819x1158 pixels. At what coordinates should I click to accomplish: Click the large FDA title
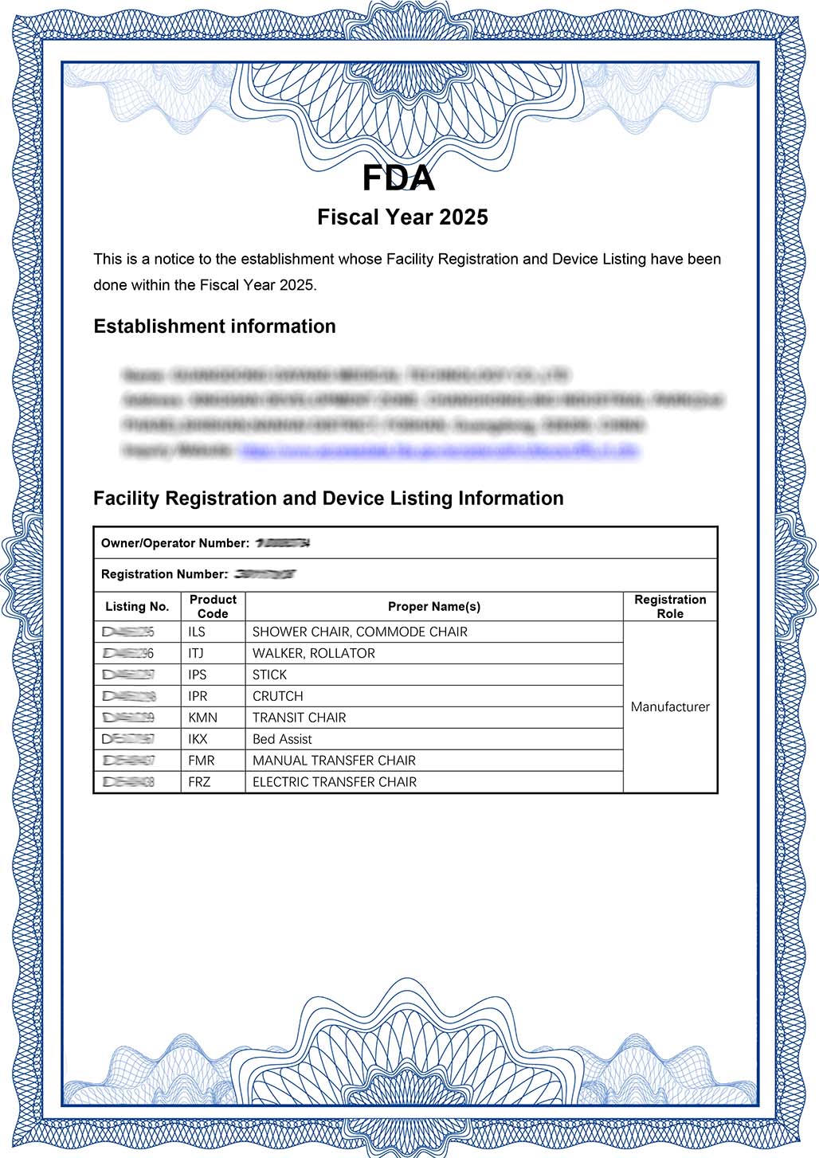(x=398, y=178)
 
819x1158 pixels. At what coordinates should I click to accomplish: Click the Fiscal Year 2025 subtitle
(x=402, y=217)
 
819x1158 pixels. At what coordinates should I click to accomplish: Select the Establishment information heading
(x=214, y=327)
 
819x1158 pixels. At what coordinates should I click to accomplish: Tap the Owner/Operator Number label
(x=175, y=543)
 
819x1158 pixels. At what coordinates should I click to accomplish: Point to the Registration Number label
(x=164, y=574)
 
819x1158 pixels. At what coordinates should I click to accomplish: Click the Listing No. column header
(x=137, y=607)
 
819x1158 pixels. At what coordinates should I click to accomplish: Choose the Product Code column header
(x=213, y=607)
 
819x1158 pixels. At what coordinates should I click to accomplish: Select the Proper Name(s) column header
(x=434, y=607)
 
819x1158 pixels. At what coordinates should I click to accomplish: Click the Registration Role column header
(x=670, y=607)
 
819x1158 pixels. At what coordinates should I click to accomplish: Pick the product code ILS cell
(x=197, y=632)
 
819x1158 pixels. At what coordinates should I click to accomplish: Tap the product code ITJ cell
(x=196, y=653)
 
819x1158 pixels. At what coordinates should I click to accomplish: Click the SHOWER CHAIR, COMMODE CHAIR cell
(x=360, y=632)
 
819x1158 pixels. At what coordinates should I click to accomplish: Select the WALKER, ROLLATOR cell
(x=314, y=653)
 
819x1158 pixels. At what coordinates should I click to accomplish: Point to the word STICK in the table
(x=269, y=675)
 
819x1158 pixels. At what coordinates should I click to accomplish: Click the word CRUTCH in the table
(x=278, y=696)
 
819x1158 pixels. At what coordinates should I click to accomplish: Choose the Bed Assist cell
(x=282, y=739)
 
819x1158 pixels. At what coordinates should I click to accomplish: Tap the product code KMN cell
(x=202, y=718)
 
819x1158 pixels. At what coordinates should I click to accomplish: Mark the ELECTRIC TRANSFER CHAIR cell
(x=335, y=782)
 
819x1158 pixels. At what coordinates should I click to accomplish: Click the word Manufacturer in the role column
(x=670, y=707)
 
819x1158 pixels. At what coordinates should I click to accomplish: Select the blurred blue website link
(x=438, y=451)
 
